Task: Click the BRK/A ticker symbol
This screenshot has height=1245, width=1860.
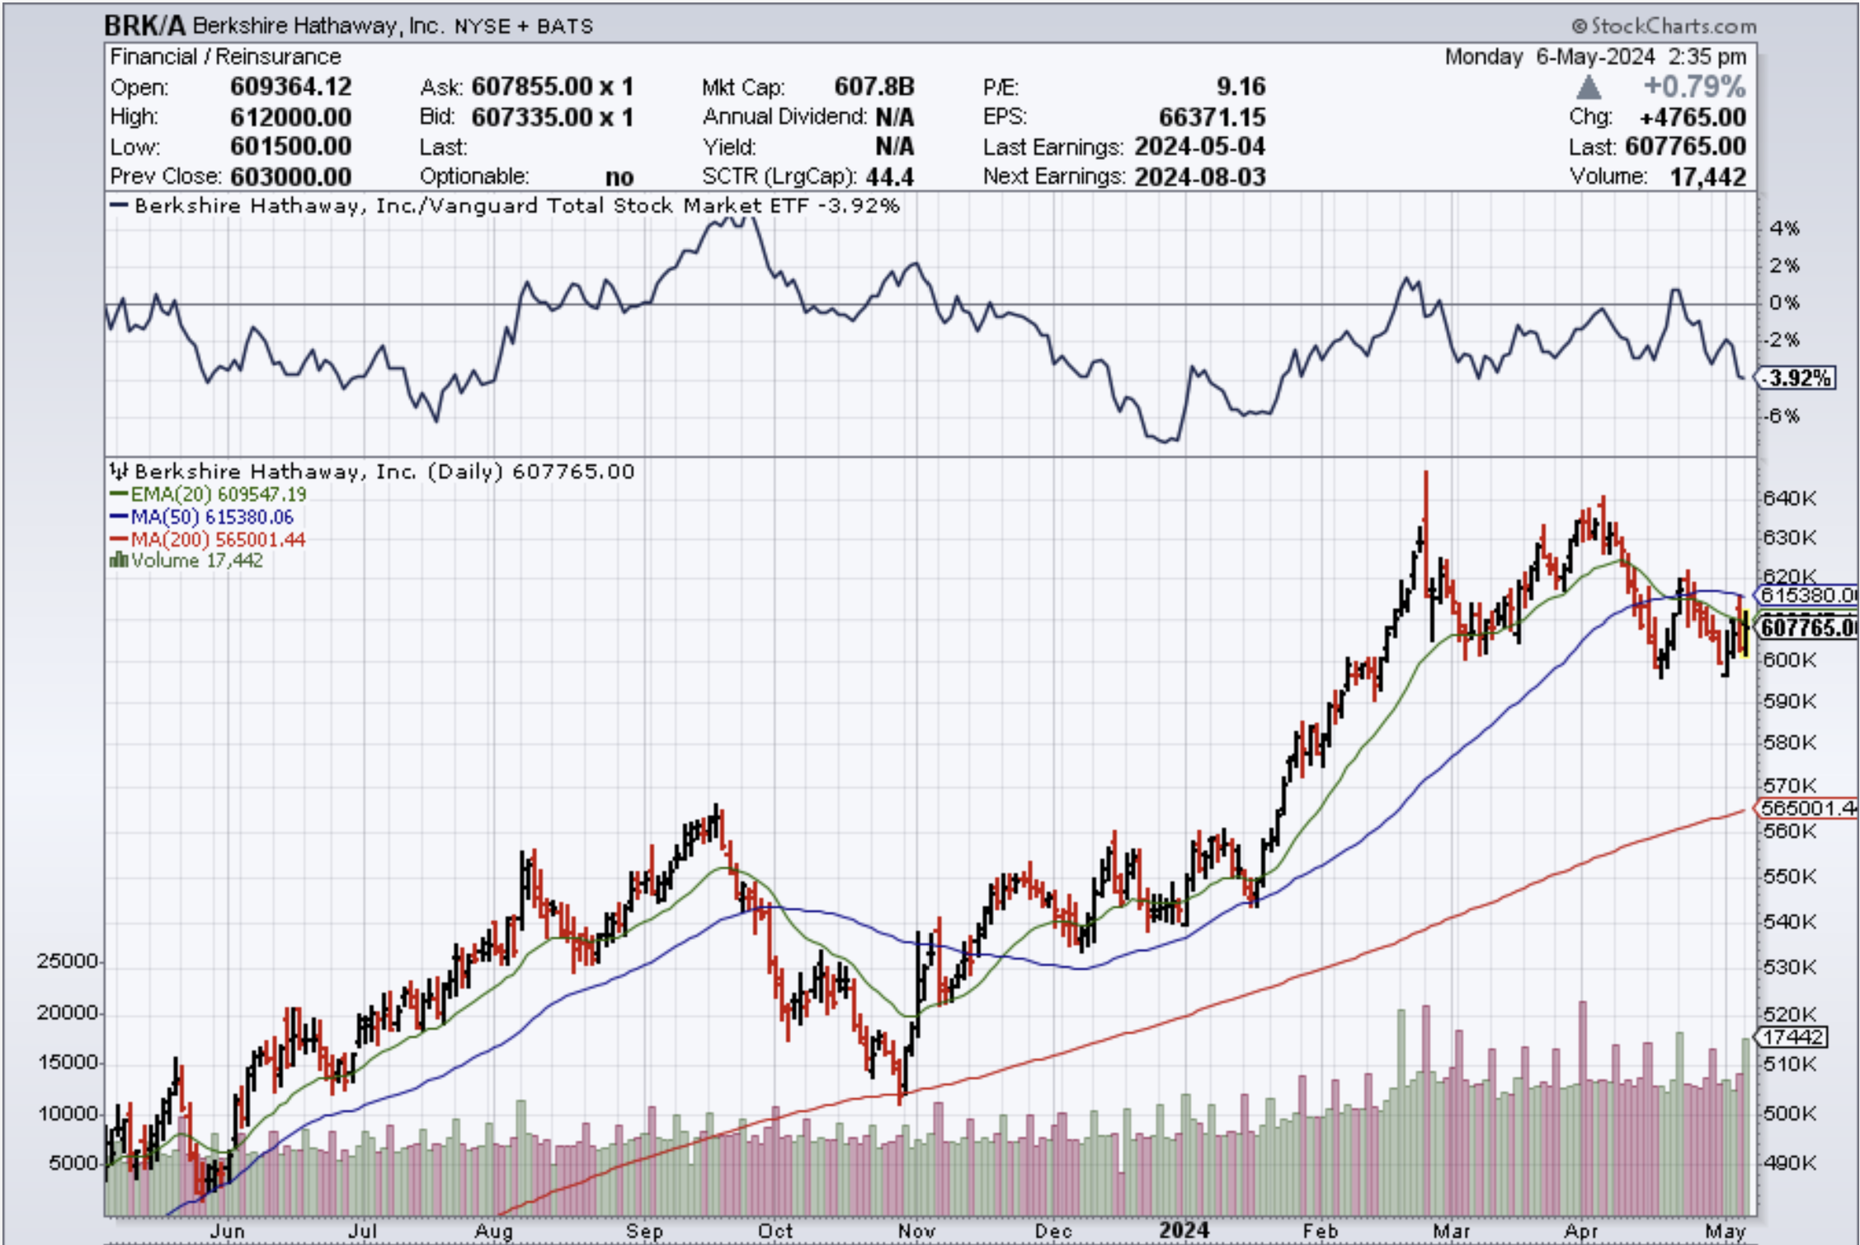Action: coord(144,26)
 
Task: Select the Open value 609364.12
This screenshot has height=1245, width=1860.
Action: coord(290,87)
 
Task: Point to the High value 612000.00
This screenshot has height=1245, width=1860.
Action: coord(290,117)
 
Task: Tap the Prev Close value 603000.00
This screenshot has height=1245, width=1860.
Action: coord(290,176)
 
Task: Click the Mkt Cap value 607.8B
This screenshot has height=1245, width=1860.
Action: coord(873,87)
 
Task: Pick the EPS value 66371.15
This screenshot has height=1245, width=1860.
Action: coord(1212,117)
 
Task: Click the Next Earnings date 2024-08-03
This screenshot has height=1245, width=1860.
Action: coord(1199,176)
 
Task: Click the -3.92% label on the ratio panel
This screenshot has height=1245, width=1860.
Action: coord(1796,378)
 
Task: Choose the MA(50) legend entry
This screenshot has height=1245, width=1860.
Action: coord(203,517)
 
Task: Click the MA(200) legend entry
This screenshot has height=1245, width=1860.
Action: coord(209,539)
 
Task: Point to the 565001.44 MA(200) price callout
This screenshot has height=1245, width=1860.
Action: coord(1806,808)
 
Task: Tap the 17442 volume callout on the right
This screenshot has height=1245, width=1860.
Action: coord(1794,1036)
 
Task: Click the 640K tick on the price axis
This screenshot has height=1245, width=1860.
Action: coord(1789,498)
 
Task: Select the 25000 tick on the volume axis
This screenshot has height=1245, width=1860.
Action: coord(67,961)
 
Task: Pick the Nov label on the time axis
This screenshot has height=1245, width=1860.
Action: coord(916,1231)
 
